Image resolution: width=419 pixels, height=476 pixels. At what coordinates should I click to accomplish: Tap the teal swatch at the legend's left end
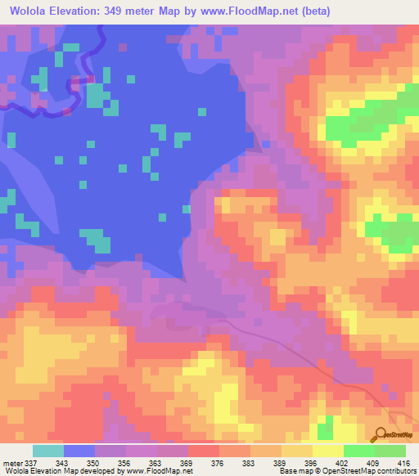point(48,451)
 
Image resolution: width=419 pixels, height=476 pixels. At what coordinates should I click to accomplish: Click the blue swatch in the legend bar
point(79,451)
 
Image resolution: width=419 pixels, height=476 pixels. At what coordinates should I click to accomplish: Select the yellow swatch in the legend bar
point(297,451)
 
